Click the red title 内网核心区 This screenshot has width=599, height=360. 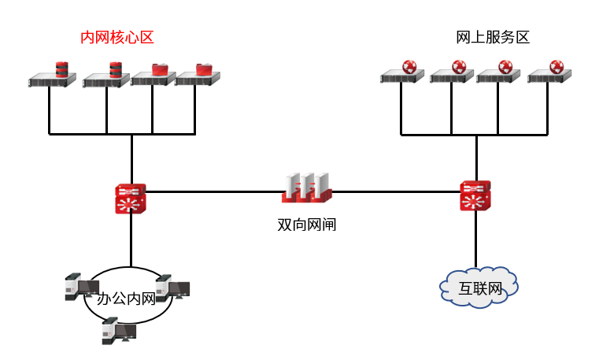(x=117, y=37)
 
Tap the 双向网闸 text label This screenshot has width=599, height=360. (x=307, y=225)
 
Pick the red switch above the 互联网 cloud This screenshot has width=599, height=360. (x=475, y=195)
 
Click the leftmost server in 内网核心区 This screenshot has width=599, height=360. (x=51, y=77)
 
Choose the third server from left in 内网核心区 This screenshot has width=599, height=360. (x=153, y=76)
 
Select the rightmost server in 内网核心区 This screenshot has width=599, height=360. (x=197, y=76)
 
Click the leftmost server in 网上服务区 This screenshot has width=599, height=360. (x=401, y=76)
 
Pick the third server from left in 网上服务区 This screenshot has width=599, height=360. (x=499, y=76)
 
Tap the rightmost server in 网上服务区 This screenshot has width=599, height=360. (x=549, y=76)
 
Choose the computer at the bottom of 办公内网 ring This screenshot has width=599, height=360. (x=118, y=330)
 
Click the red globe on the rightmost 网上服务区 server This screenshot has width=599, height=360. (x=557, y=66)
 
